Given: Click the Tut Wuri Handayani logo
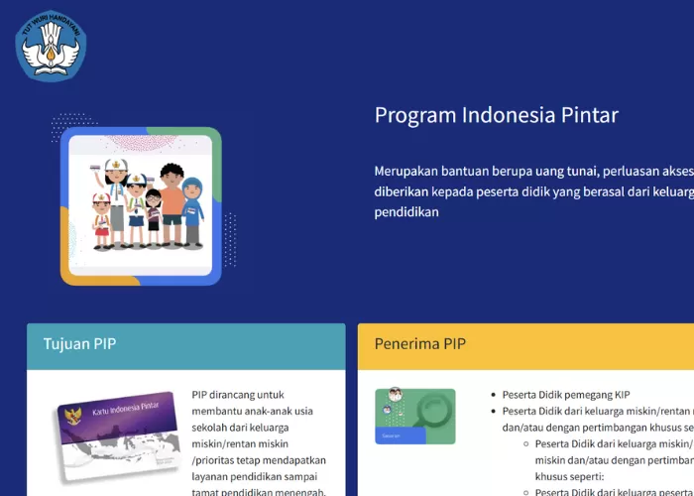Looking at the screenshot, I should pos(51,45).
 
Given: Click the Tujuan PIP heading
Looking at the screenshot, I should pos(79,344).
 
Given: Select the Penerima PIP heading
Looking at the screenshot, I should pos(420,344).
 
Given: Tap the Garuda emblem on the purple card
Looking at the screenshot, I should pos(71,414).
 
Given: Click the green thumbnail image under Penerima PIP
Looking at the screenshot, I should pos(414,416).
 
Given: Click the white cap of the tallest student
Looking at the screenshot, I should pos(117,165).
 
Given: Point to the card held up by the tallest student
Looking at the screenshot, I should pos(95,169).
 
